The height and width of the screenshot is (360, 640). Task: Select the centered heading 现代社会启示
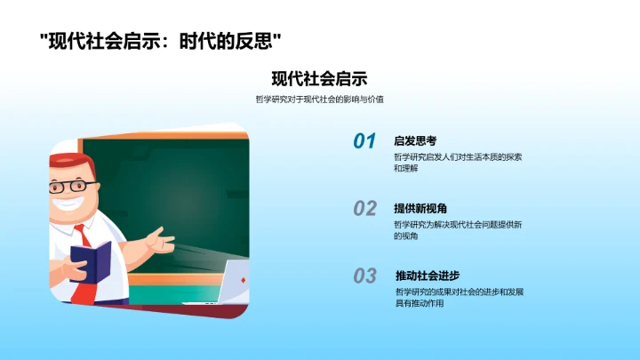click(x=319, y=78)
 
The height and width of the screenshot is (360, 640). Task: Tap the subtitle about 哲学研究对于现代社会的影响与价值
click(x=319, y=100)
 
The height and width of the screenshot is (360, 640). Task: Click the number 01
click(x=364, y=141)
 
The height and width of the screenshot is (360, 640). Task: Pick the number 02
click(x=364, y=209)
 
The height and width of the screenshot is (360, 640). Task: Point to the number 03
click(x=364, y=276)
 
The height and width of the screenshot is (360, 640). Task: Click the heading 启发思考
click(x=415, y=140)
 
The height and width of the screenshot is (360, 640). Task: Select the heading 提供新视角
click(x=420, y=208)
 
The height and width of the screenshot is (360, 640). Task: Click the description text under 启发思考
click(x=458, y=162)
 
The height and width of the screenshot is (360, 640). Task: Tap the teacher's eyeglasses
click(x=73, y=188)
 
